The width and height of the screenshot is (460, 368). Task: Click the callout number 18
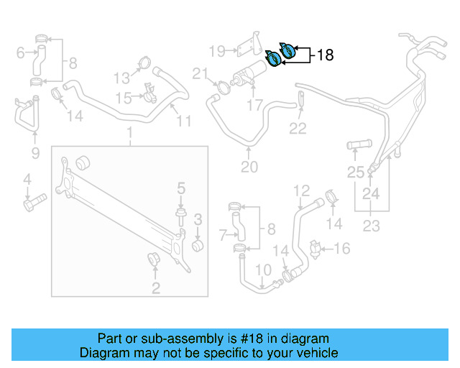click(x=325, y=55)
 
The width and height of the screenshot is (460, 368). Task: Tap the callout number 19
click(x=217, y=50)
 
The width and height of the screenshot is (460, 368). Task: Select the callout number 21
click(x=199, y=73)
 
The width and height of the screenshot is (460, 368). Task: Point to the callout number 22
click(x=298, y=129)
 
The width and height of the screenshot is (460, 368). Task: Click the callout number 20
click(x=249, y=167)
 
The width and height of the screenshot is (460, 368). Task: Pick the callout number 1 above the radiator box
click(x=129, y=134)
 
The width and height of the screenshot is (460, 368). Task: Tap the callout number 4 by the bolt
click(x=27, y=179)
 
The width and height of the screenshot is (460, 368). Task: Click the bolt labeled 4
click(x=33, y=203)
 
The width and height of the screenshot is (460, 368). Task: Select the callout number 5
click(x=181, y=188)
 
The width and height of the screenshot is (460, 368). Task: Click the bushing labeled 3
click(x=196, y=244)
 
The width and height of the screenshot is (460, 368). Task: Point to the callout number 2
click(x=155, y=289)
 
